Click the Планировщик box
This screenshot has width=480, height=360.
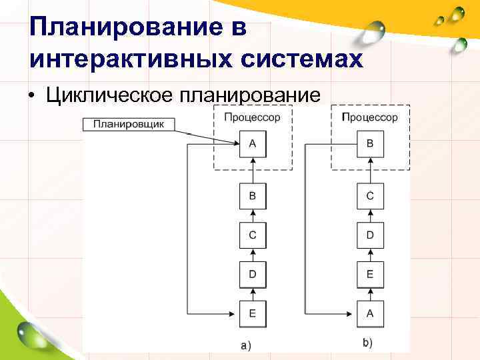pyautogui.click(x=129, y=124)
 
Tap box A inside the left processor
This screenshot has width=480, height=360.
pyautogui.click(x=252, y=143)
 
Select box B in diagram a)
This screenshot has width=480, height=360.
pyautogui.click(x=252, y=196)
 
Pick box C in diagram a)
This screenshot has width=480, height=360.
pyautogui.click(x=252, y=235)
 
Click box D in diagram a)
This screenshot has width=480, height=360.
pyautogui.click(x=252, y=274)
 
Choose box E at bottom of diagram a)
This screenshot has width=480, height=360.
pyautogui.click(x=252, y=313)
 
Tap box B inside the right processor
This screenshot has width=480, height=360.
pyautogui.click(x=370, y=143)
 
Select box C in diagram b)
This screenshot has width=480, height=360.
pyautogui.click(x=370, y=196)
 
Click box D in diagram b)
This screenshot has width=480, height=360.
pyautogui.click(x=370, y=235)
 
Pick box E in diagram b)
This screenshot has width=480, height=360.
pyautogui.click(x=370, y=274)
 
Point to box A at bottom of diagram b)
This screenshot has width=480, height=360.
pyautogui.click(x=370, y=313)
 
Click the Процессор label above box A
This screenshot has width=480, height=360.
pyautogui.click(x=252, y=117)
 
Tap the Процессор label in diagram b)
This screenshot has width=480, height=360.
pyautogui.click(x=370, y=117)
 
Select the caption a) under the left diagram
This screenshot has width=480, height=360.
pyautogui.click(x=245, y=345)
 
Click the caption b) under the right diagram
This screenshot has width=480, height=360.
pyautogui.click(x=367, y=343)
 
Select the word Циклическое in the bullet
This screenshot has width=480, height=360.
pyautogui.click(x=109, y=94)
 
